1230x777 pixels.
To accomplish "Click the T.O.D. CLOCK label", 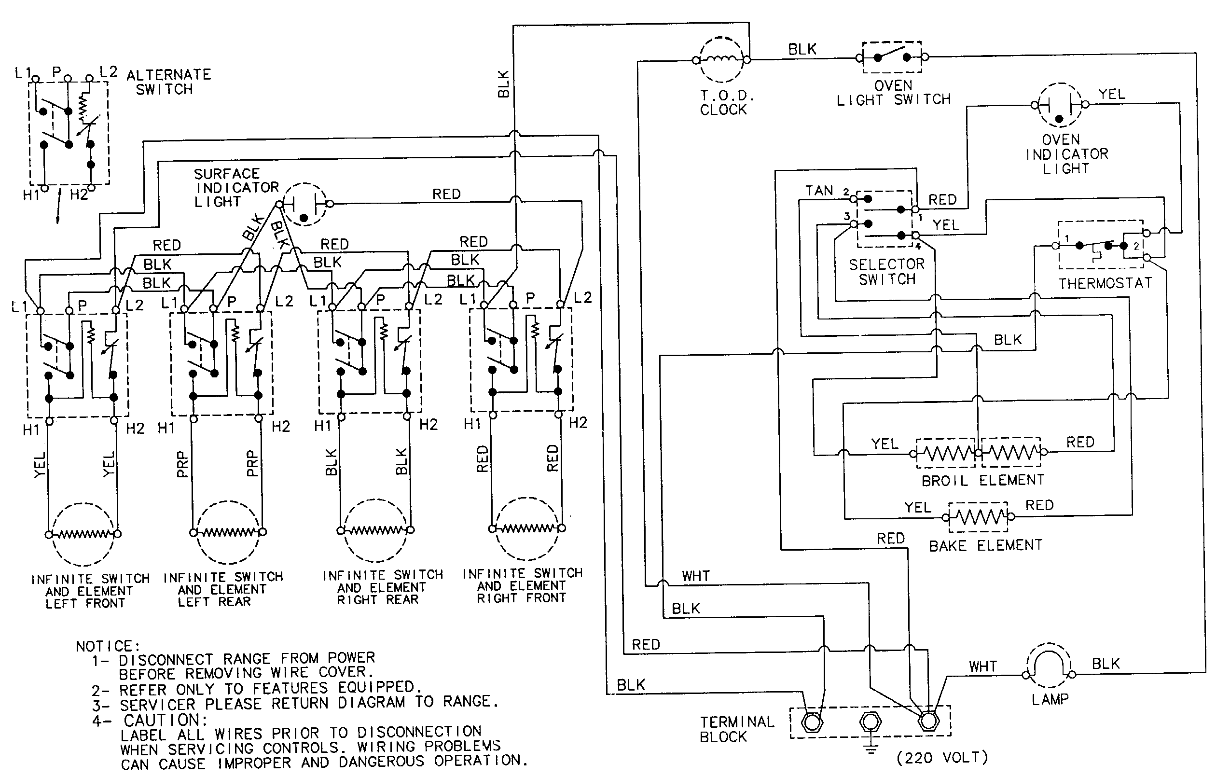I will coord(723,103).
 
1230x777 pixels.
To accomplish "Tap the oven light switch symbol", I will coord(892,57).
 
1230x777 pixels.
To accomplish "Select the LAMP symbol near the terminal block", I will coord(1049,666).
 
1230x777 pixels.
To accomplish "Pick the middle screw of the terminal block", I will coord(871,722).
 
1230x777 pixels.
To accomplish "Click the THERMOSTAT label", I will coord(1105,283).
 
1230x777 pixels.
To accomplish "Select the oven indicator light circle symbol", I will coord(1060,105).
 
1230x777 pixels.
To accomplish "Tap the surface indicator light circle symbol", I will coord(304,204).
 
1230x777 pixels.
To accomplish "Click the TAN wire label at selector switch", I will coord(819,191).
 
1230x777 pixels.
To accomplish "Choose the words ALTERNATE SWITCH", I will coord(168,82).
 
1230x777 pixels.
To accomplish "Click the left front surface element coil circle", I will coord(83,534).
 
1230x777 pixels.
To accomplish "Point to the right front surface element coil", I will coord(526,529).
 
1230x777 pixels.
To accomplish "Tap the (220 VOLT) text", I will coord(942,758).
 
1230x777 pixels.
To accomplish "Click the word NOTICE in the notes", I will coord(107,647).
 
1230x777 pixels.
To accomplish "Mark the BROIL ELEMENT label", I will coord(982,481).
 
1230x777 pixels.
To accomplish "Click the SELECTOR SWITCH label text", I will coord(887,272).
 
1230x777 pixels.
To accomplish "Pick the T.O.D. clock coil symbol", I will coord(721,60).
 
